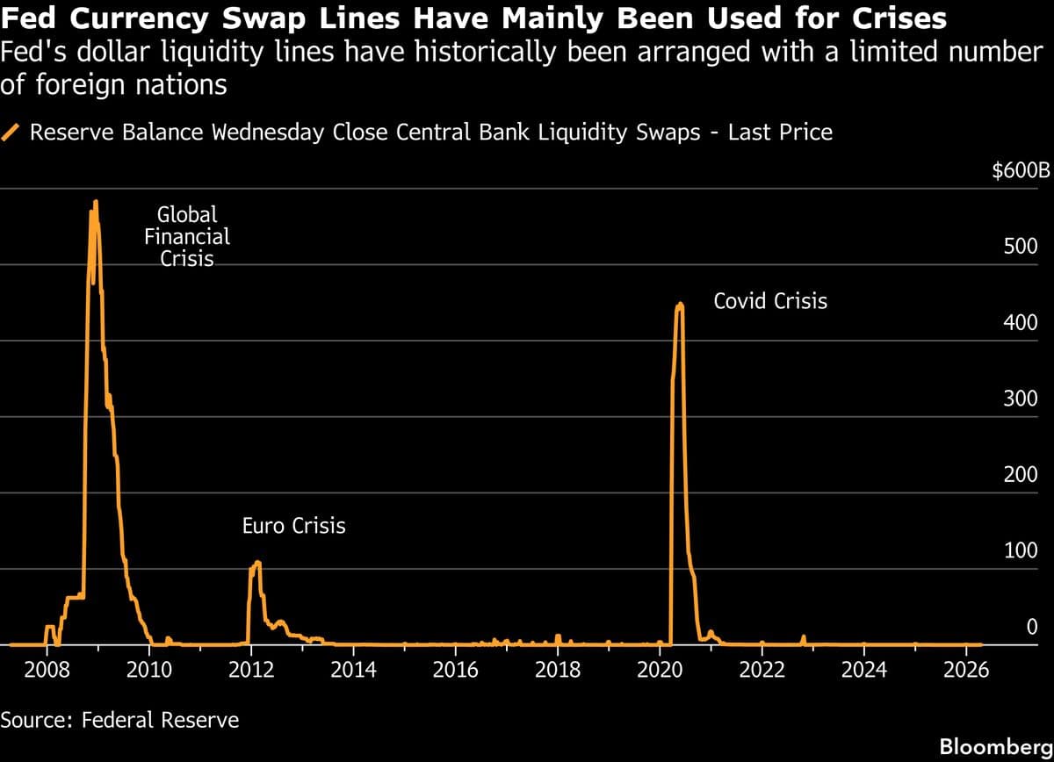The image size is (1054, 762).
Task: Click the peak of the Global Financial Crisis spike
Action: tap(95, 203)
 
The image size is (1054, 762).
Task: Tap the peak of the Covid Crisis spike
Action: tap(679, 305)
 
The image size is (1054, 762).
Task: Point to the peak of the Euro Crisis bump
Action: tap(257, 562)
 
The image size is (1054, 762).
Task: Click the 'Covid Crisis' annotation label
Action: tap(770, 301)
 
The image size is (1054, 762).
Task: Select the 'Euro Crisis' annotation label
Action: tap(293, 526)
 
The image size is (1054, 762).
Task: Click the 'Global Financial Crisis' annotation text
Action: tap(186, 236)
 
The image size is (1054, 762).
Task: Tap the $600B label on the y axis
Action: tap(1021, 170)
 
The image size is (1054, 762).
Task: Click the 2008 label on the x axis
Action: tap(47, 671)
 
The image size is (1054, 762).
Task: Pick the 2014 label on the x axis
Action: tap(353, 671)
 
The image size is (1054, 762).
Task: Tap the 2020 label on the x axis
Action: tap(660, 671)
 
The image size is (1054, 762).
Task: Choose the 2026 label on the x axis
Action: tap(966, 671)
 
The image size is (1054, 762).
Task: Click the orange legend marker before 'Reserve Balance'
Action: tap(12, 133)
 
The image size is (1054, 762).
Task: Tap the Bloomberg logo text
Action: tap(994, 746)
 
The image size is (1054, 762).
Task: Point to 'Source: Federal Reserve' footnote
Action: tap(119, 720)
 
